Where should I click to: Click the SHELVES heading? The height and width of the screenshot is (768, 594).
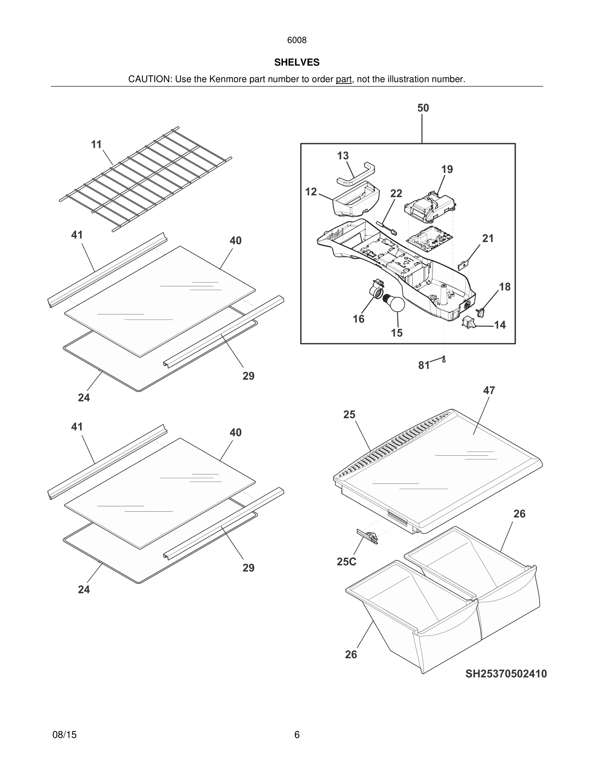(297, 62)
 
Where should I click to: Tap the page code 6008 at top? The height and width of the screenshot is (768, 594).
(297, 40)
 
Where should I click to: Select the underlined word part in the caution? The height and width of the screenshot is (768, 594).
(344, 79)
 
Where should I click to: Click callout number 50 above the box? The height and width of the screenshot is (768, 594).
(423, 108)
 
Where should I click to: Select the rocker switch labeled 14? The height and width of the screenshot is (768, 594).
(468, 322)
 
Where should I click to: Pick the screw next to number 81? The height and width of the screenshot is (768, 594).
(444, 359)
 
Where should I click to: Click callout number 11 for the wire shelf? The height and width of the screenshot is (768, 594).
(96, 144)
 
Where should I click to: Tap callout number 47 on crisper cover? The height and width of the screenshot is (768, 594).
(489, 390)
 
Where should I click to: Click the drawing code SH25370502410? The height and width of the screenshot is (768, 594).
(506, 674)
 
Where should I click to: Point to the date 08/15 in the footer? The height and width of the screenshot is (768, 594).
(64, 735)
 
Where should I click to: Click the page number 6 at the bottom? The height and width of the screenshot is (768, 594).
(297, 735)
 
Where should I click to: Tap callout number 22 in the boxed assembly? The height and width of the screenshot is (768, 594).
(396, 193)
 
